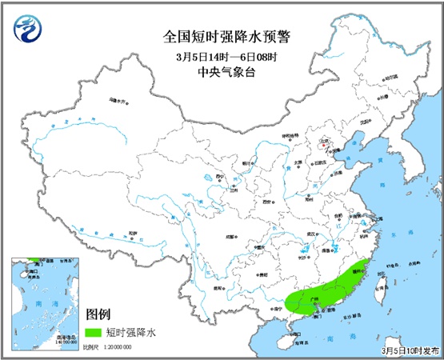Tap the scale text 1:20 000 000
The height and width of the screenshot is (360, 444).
click(118, 348)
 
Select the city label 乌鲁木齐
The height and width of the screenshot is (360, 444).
click(118, 101)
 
